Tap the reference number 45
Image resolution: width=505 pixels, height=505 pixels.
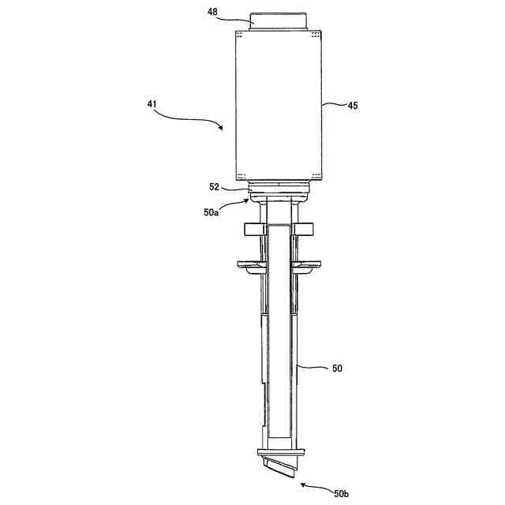(x=352, y=105)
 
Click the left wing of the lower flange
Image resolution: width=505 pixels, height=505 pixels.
(x=249, y=264)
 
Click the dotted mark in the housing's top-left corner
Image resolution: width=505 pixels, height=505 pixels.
(x=240, y=34)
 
